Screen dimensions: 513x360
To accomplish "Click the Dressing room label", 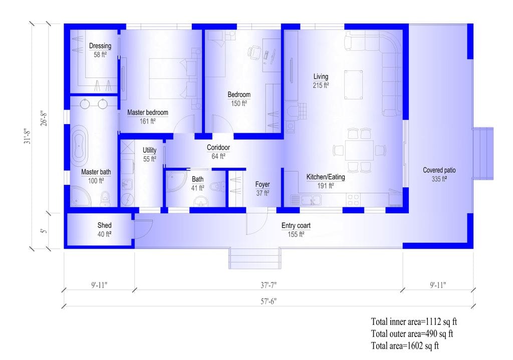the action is pyautogui.click(x=100, y=46).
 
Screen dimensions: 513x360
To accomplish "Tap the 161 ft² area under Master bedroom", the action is pyautogui.click(x=148, y=121).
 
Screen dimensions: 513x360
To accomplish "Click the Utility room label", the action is pyautogui.click(x=149, y=150).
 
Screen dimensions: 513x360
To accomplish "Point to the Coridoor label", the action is pyautogui.click(x=218, y=148).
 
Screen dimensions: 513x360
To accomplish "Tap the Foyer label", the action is pyautogui.click(x=263, y=184).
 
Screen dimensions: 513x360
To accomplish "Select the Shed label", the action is pyautogui.click(x=104, y=225).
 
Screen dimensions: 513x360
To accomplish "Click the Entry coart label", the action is pyautogui.click(x=296, y=226).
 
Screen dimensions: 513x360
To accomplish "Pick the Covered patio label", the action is pyautogui.click(x=439, y=170).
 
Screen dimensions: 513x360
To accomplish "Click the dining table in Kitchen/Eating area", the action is pyautogui.click(x=359, y=150).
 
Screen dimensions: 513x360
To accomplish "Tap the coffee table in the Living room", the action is pyautogui.click(x=353, y=84).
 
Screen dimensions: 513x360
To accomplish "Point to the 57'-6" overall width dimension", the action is pyautogui.click(x=269, y=301).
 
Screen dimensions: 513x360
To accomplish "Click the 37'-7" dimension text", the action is pyautogui.click(x=269, y=285).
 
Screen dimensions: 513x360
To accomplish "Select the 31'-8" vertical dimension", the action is pyautogui.click(x=28, y=136).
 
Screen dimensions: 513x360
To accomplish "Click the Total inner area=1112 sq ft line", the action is pyautogui.click(x=414, y=322).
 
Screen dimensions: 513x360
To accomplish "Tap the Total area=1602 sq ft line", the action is pyautogui.click(x=405, y=345).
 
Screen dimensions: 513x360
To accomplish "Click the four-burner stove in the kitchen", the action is pyautogui.click(x=353, y=200).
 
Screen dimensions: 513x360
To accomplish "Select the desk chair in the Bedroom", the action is pyautogui.click(x=254, y=52).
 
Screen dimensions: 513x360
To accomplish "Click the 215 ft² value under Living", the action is pyautogui.click(x=321, y=85).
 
